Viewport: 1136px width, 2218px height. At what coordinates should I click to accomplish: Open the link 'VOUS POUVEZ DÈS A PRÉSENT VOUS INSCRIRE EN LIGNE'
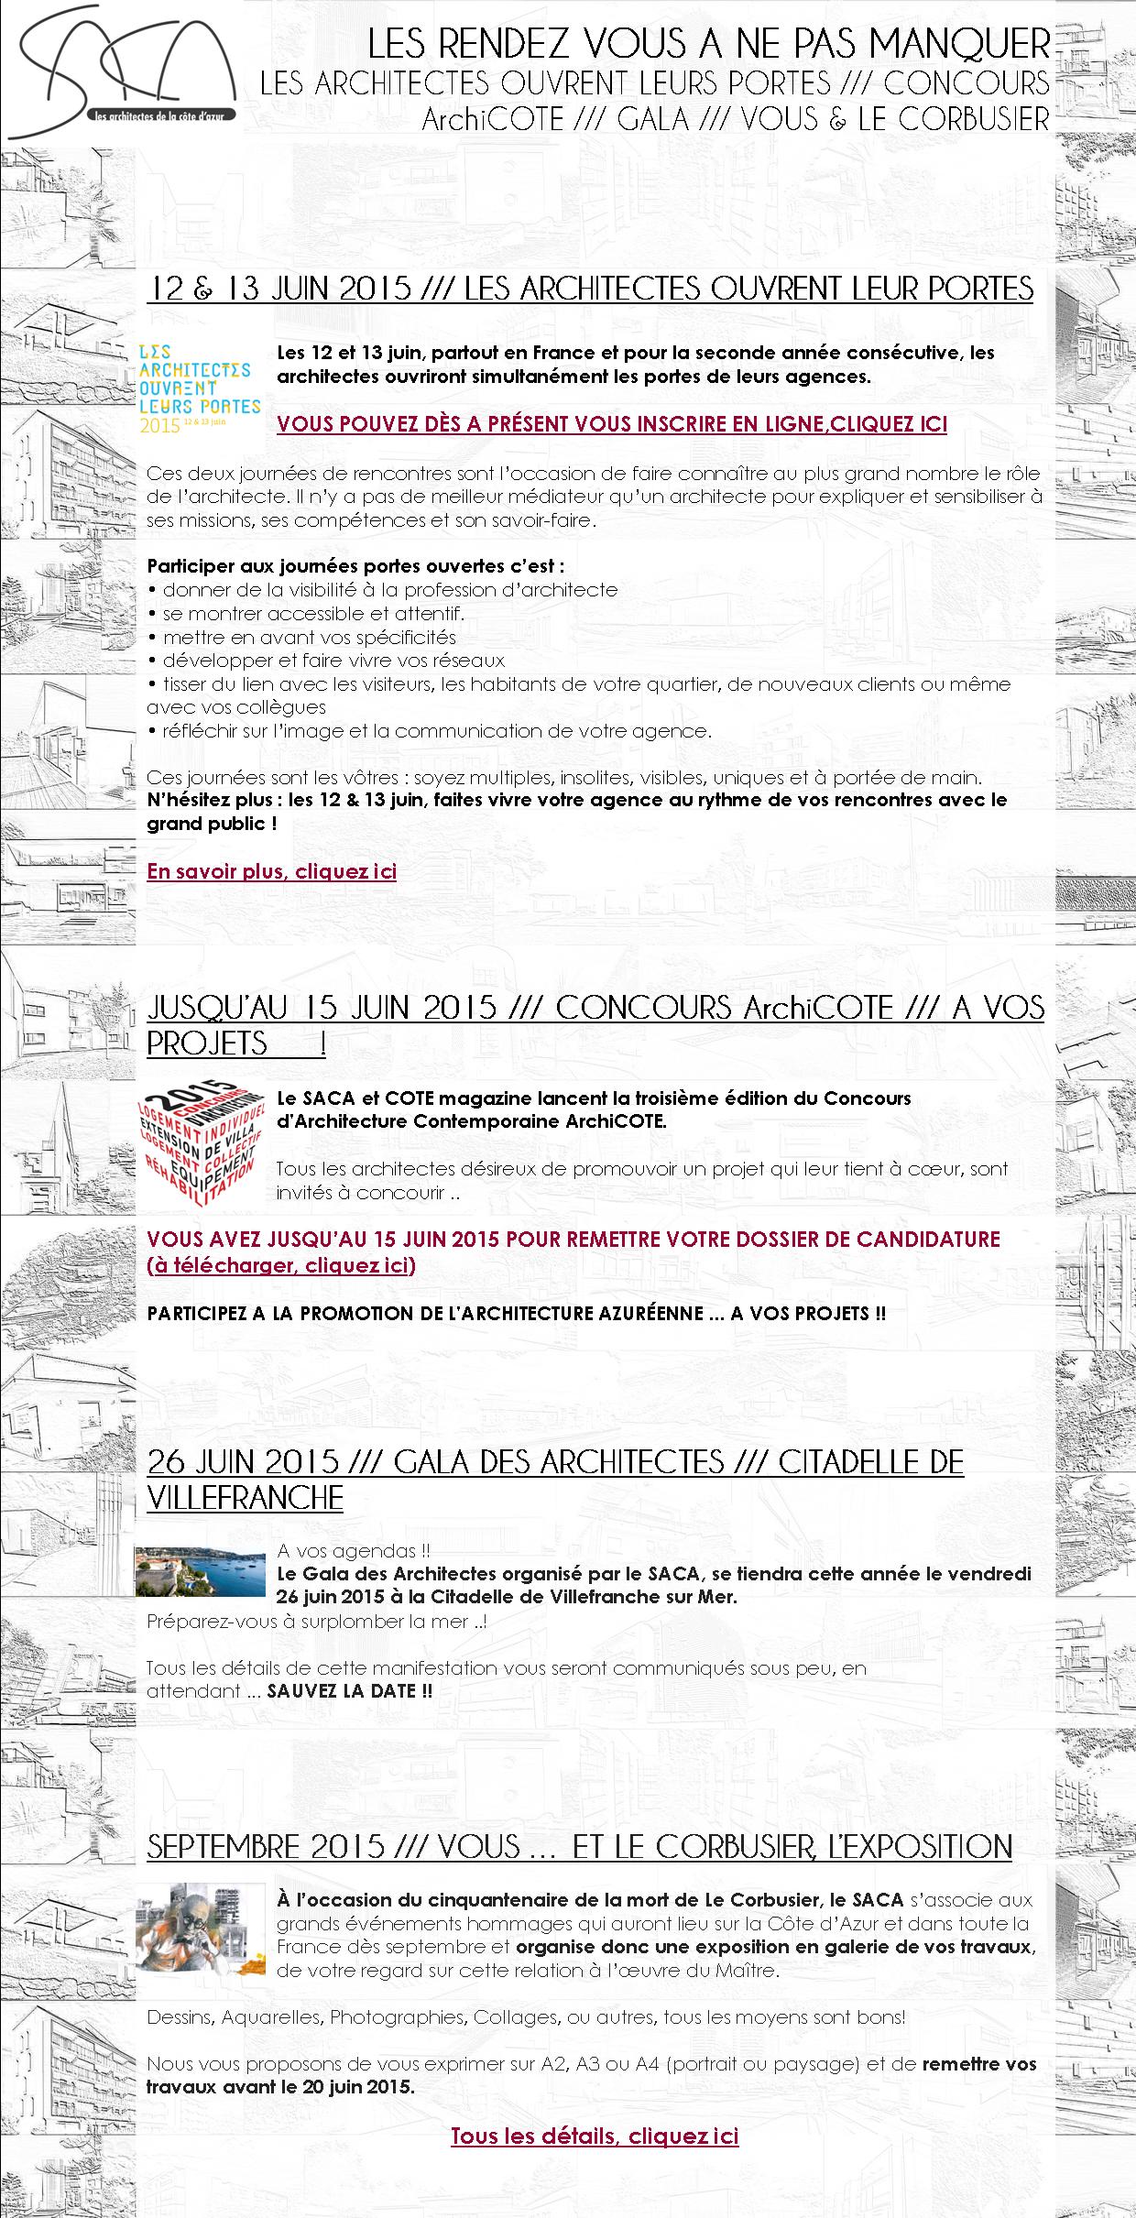click(611, 424)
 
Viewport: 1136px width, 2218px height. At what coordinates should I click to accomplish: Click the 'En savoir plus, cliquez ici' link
click(271, 871)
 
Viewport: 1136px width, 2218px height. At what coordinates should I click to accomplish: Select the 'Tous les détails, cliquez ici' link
click(594, 2136)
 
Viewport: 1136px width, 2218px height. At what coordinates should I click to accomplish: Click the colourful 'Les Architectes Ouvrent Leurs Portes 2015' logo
click(198, 386)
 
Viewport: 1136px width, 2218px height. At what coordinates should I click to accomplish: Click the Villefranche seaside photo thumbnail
click(200, 1571)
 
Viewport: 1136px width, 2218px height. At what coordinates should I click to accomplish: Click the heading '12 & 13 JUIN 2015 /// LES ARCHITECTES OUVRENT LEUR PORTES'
click(590, 290)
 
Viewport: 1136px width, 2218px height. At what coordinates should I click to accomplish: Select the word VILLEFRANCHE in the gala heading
click(245, 1498)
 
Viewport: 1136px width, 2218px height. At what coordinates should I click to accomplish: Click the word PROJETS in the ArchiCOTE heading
click(207, 1043)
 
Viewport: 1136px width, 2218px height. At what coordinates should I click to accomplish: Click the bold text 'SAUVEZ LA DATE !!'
click(349, 1691)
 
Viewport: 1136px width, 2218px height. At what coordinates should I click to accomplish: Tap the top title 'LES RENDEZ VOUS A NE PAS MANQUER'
click(708, 44)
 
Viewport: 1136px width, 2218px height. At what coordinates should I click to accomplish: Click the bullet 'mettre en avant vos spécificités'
click(309, 638)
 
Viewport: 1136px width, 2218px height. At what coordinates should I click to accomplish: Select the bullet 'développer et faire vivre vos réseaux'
click(333, 661)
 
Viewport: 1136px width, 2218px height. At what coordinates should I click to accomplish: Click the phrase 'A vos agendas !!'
click(353, 1551)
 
